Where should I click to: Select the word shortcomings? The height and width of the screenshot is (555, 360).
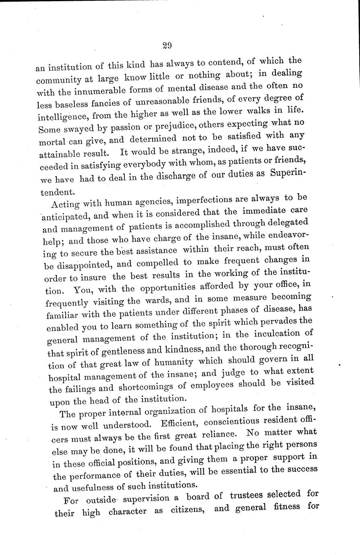(155, 388)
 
